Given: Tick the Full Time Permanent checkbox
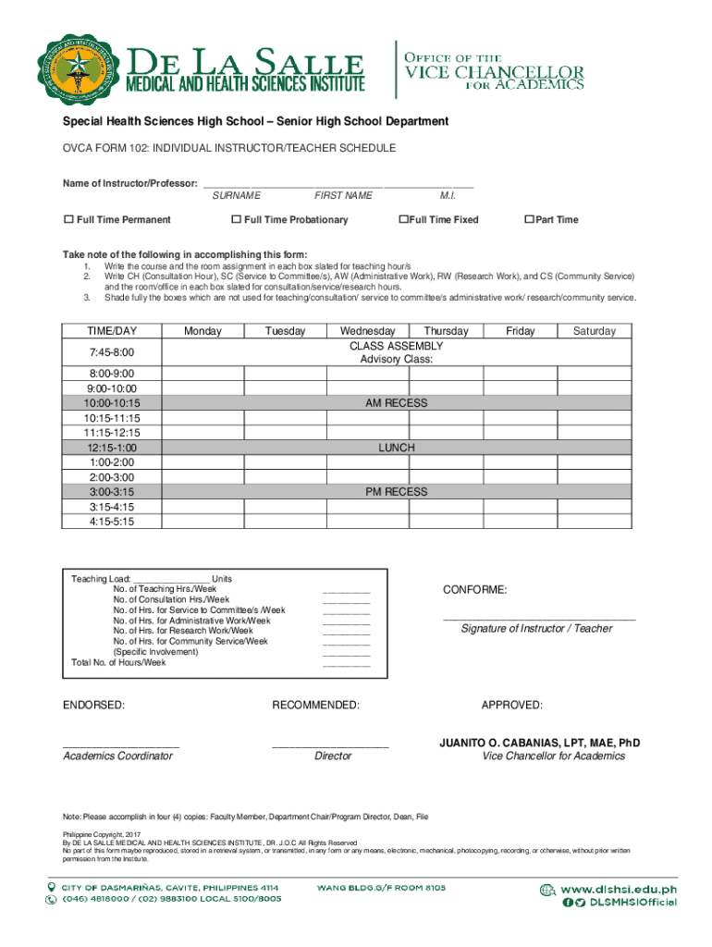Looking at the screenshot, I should click(68, 220).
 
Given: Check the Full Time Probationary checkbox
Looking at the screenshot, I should click(236, 220).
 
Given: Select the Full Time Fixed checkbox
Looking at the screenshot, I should click(402, 220).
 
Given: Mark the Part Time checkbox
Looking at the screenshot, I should click(529, 220).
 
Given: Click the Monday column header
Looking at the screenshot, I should click(203, 331).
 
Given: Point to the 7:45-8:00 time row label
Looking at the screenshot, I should click(112, 352).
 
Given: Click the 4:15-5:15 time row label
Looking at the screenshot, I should click(112, 522).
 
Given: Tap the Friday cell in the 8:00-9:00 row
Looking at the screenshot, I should click(520, 374).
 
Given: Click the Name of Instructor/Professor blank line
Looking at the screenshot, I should click(338, 183).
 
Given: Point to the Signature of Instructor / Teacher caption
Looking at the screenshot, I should click(536, 629).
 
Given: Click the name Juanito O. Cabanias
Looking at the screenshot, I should click(539, 743).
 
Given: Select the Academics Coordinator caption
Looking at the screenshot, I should click(117, 756).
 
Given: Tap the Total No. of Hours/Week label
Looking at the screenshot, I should click(118, 662).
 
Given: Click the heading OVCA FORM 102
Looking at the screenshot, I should click(228, 148).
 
